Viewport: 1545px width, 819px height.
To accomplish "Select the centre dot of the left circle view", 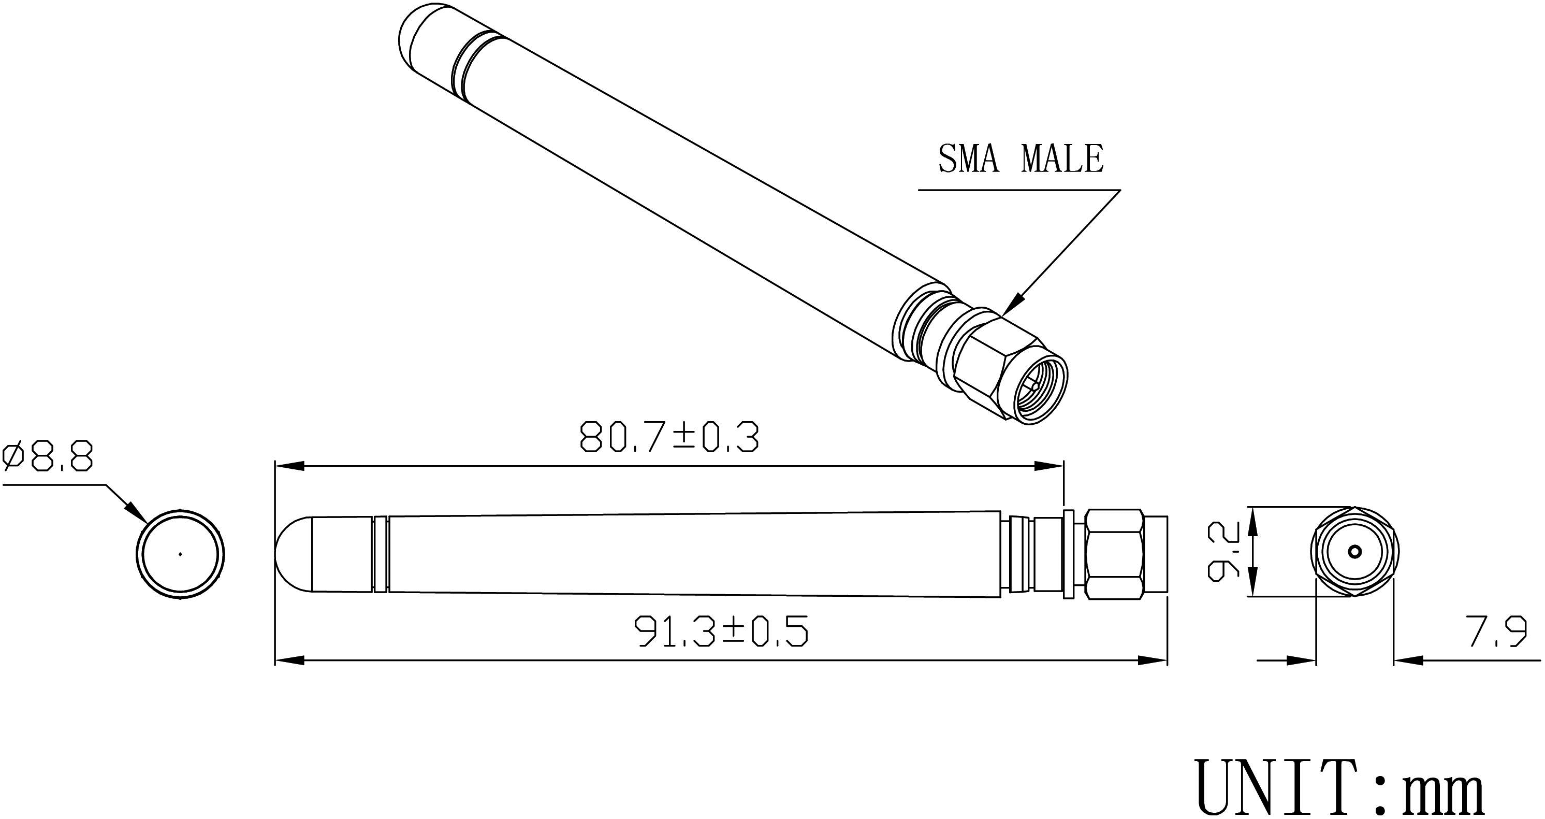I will [x=180, y=554].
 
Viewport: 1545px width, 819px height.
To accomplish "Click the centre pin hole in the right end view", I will [x=1355, y=551].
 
